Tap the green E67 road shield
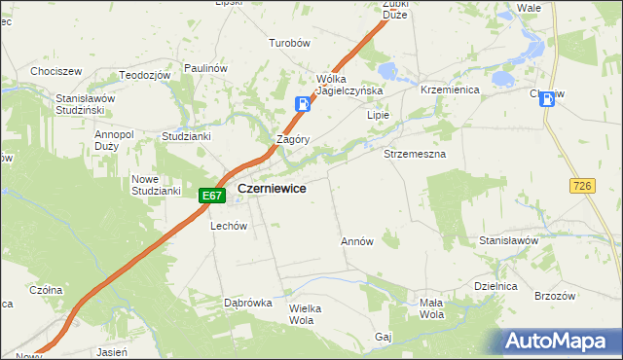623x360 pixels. tap(213, 196)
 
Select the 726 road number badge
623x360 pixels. tap(583, 186)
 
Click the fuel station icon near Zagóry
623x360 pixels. tap(304, 104)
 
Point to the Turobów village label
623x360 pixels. tap(289, 44)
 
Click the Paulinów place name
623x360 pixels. tap(205, 68)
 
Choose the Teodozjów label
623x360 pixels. tap(145, 75)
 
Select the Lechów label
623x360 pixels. tap(230, 226)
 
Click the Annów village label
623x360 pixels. tap(356, 241)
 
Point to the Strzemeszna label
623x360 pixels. tap(415, 155)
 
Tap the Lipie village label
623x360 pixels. tap(378, 115)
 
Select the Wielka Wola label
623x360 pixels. tap(305, 313)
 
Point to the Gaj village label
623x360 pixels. tap(383, 337)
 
